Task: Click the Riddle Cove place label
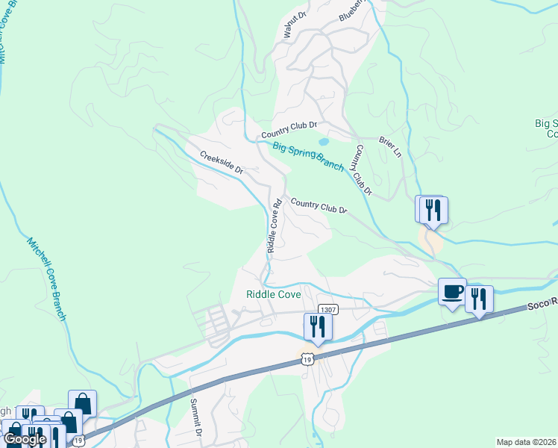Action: (x=274, y=294)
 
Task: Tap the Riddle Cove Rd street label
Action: (x=273, y=223)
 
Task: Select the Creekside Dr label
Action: (x=222, y=162)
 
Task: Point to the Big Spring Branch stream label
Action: (x=307, y=155)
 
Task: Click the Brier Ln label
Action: (x=390, y=147)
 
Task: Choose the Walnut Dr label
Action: (x=295, y=25)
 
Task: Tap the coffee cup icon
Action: (x=452, y=291)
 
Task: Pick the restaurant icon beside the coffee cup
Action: (x=479, y=298)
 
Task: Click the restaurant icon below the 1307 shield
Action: (x=317, y=326)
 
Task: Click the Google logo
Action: (x=25, y=438)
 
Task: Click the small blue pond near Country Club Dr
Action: (x=323, y=141)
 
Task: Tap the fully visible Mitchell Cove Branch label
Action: (x=47, y=279)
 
